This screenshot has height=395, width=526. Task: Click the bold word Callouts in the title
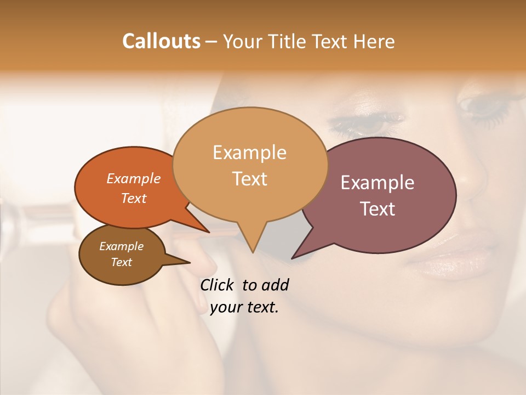coord(161,41)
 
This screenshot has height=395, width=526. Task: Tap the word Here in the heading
coord(374,41)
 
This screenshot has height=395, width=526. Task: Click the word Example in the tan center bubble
coord(249,153)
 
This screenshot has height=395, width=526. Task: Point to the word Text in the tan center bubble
coord(249,178)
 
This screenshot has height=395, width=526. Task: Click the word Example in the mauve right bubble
coord(378,183)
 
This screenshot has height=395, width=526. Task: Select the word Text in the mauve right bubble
coord(378,208)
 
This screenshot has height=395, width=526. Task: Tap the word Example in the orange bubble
coord(134,178)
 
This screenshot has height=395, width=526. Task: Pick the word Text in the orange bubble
coord(134,198)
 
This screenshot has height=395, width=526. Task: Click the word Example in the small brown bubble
coord(121,246)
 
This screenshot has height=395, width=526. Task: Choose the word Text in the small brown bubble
coord(121,262)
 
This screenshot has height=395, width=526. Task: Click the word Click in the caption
coord(218,285)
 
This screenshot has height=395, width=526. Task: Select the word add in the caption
coord(275,285)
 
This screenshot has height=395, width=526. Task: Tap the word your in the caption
coord(226,307)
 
